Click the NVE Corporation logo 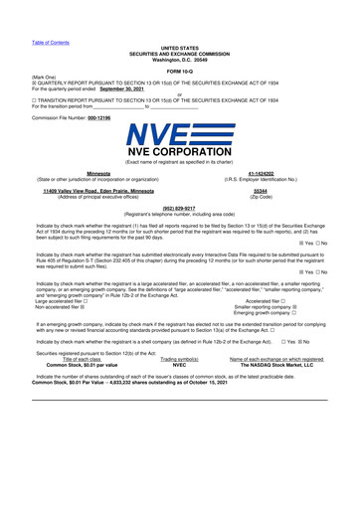[x=179, y=147]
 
